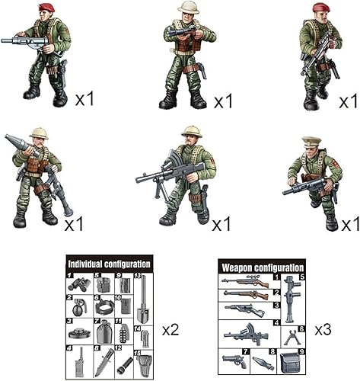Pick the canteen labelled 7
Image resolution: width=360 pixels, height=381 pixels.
tap(104, 332)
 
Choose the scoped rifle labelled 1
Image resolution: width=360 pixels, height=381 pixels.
tap(244, 281)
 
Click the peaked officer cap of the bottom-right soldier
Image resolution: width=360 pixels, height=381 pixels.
tap(312, 141)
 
